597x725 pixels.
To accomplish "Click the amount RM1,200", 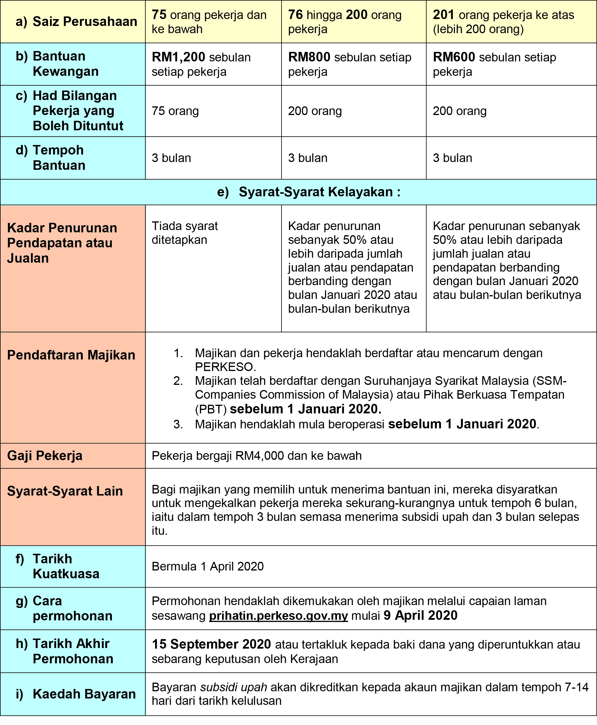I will coord(178,57).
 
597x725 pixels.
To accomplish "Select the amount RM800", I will coord(309,57).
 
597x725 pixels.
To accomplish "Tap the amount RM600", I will coord(454,57).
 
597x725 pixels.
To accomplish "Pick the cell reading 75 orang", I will coord(175,111).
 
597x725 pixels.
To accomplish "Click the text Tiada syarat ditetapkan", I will coord(185,233).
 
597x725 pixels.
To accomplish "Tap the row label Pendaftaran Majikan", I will coord(71,355).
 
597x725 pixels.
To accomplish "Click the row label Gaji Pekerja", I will coord(45,455).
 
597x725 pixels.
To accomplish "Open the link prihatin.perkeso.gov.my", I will coord(278,616).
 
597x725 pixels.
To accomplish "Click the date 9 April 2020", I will coord(420,615).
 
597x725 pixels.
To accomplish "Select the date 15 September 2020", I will coord(211,644).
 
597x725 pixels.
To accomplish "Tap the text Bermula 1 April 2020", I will coord(207,566).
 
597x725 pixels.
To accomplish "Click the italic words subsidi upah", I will coord(234,687).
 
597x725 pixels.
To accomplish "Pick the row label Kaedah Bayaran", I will coord(84,694).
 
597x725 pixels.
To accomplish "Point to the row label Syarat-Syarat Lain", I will coord(65,491).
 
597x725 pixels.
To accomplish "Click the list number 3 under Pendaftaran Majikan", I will coord(178,424).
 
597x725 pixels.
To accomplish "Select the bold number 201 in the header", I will coord(444,15).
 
